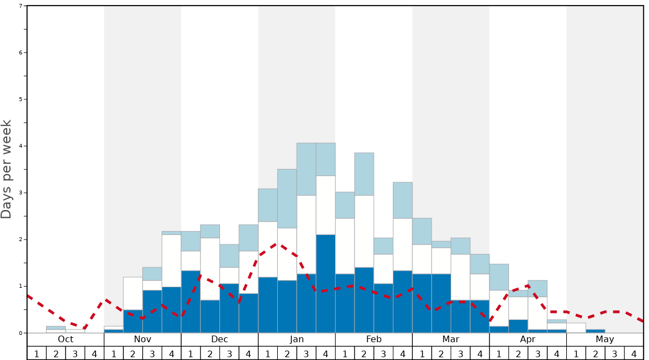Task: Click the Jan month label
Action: (x=297, y=339)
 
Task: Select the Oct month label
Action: (x=66, y=339)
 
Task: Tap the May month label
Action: (x=605, y=339)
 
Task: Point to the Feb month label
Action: (x=374, y=339)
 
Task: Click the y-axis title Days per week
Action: (x=7, y=169)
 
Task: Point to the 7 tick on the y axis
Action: (x=21, y=6)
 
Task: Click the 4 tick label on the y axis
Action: (x=21, y=146)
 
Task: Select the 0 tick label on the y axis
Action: (x=21, y=333)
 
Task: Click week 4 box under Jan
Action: (x=326, y=353)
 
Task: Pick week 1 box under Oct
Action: (x=37, y=353)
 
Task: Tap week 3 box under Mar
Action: (x=461, y=353)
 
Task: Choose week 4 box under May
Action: (x=634, y=353)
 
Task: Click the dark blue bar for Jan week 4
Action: (x=326, y=283)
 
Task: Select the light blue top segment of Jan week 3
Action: (x=306, y=169)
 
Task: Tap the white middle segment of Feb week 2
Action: (x=364, y=231)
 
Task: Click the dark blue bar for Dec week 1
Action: (x=191, y=302)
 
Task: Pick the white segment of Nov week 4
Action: (x=171, y=261)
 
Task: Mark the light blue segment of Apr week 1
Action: (x=499, y=277)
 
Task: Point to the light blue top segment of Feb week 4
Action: (x=403, y=200)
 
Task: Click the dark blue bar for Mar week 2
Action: (x=441, y=303)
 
